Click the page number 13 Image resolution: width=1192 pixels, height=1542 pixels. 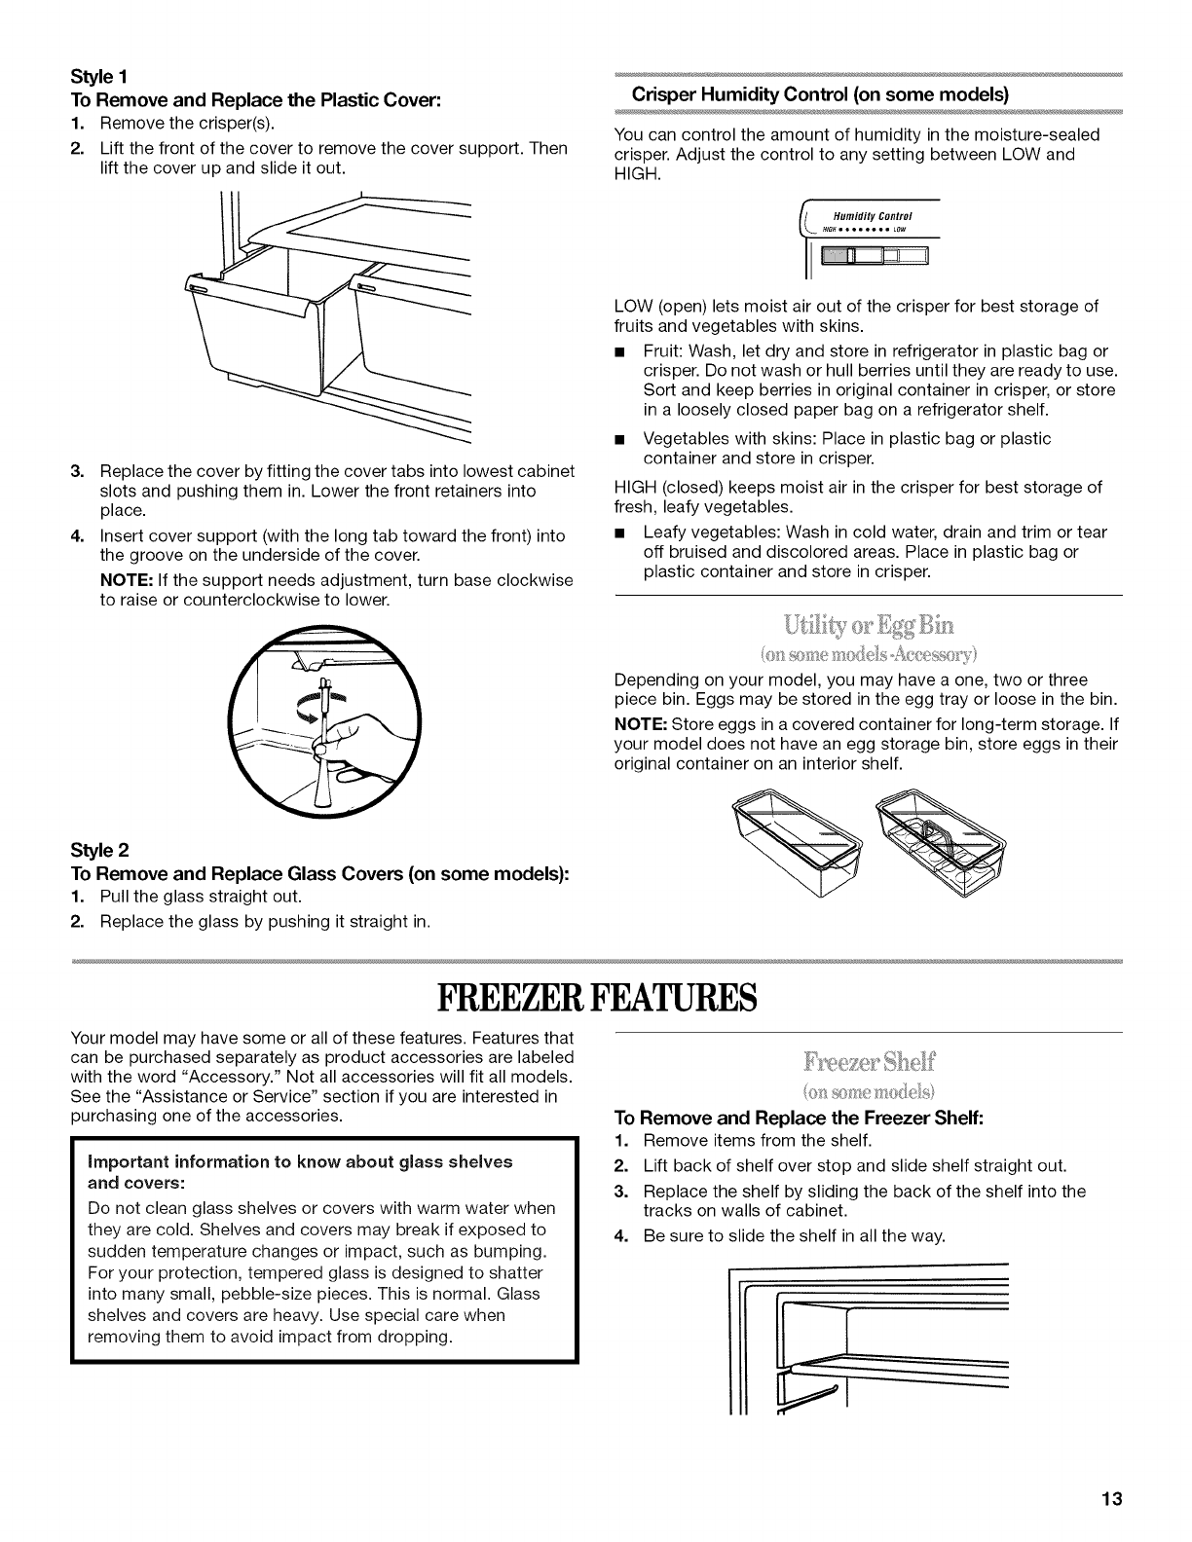pyautogui.click(x=1113, y=1499)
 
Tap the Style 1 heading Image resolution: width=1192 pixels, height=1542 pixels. pyautogui.click(x=95, y=76)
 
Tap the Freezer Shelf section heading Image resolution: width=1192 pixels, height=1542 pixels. pyautogui.click(x=868, y=1061)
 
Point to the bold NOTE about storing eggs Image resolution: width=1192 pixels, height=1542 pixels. pyautogui.click(x=638, y=723)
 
